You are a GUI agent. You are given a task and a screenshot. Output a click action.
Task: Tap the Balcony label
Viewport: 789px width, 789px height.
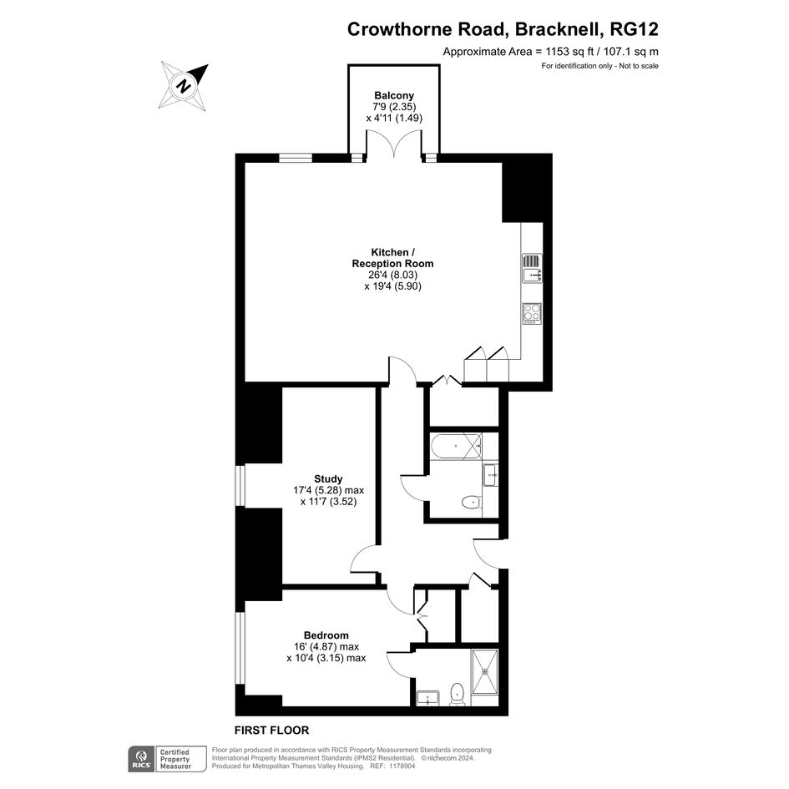394,96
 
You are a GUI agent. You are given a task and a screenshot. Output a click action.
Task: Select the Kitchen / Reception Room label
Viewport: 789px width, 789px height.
392,258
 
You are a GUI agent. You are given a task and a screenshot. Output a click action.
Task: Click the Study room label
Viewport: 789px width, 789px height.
328,479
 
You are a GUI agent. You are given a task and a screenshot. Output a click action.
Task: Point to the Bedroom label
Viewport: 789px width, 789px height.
326,635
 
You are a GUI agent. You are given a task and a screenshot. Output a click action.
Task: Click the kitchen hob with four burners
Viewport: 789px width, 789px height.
532,313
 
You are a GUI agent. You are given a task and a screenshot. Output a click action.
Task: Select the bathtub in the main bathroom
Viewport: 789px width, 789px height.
456,447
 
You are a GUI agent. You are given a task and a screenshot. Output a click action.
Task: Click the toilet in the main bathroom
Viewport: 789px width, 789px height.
471,502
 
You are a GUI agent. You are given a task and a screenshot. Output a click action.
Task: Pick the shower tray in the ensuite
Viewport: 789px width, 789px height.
485,670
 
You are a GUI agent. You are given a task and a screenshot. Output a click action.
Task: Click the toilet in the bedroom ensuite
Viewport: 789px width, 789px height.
457,694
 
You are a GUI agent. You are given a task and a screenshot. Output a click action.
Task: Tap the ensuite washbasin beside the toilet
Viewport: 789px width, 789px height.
427,698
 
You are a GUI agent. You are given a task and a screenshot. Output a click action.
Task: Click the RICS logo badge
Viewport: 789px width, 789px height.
141,759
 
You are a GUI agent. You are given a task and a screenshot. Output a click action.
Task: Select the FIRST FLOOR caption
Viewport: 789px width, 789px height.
271,730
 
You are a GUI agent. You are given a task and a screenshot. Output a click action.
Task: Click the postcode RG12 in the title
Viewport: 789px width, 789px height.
634,29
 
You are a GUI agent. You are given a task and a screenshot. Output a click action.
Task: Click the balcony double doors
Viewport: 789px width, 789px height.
394,145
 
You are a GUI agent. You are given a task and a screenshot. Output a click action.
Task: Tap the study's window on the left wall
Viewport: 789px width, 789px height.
240,486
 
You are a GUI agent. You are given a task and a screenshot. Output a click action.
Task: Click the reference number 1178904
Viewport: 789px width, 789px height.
401,766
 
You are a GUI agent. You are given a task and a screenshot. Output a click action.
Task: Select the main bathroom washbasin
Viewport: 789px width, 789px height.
490,475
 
